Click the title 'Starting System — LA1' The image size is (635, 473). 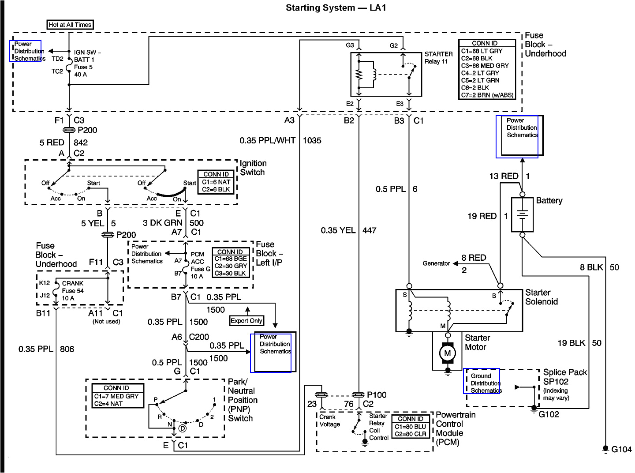click(x=336, y=8)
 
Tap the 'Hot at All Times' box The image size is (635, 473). click(x=70, y=25)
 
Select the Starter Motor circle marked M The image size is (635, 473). click(x=447, y=353)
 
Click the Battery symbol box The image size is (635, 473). click(x=522, y=214)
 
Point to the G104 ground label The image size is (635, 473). click(x=621, y=449)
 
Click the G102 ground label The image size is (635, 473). click(x=549, y=414)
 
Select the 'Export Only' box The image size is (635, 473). click(x=247, y=321)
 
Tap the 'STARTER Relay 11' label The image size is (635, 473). click(x=438, y=58)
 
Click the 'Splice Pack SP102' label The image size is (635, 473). click(x=564, y=377)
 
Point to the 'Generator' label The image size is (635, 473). click(x=436, y=263)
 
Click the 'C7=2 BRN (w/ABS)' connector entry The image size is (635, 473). click(x=487, y=95)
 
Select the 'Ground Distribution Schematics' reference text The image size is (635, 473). click(x=485, y=383)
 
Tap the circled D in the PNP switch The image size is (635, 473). click(x=183, y=428)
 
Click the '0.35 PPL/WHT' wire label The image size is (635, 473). click(x=267, y=141)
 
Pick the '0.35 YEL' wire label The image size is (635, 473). click(x=338, y=230)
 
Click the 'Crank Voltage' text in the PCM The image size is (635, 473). click(x=330, y=420)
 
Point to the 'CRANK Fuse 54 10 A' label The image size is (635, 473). click(x=72, y=291)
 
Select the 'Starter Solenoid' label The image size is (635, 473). click(x=541, y=297)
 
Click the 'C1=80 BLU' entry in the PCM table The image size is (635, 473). click(x=410, y=427)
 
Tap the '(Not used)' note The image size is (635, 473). click(x=106, y=322)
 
